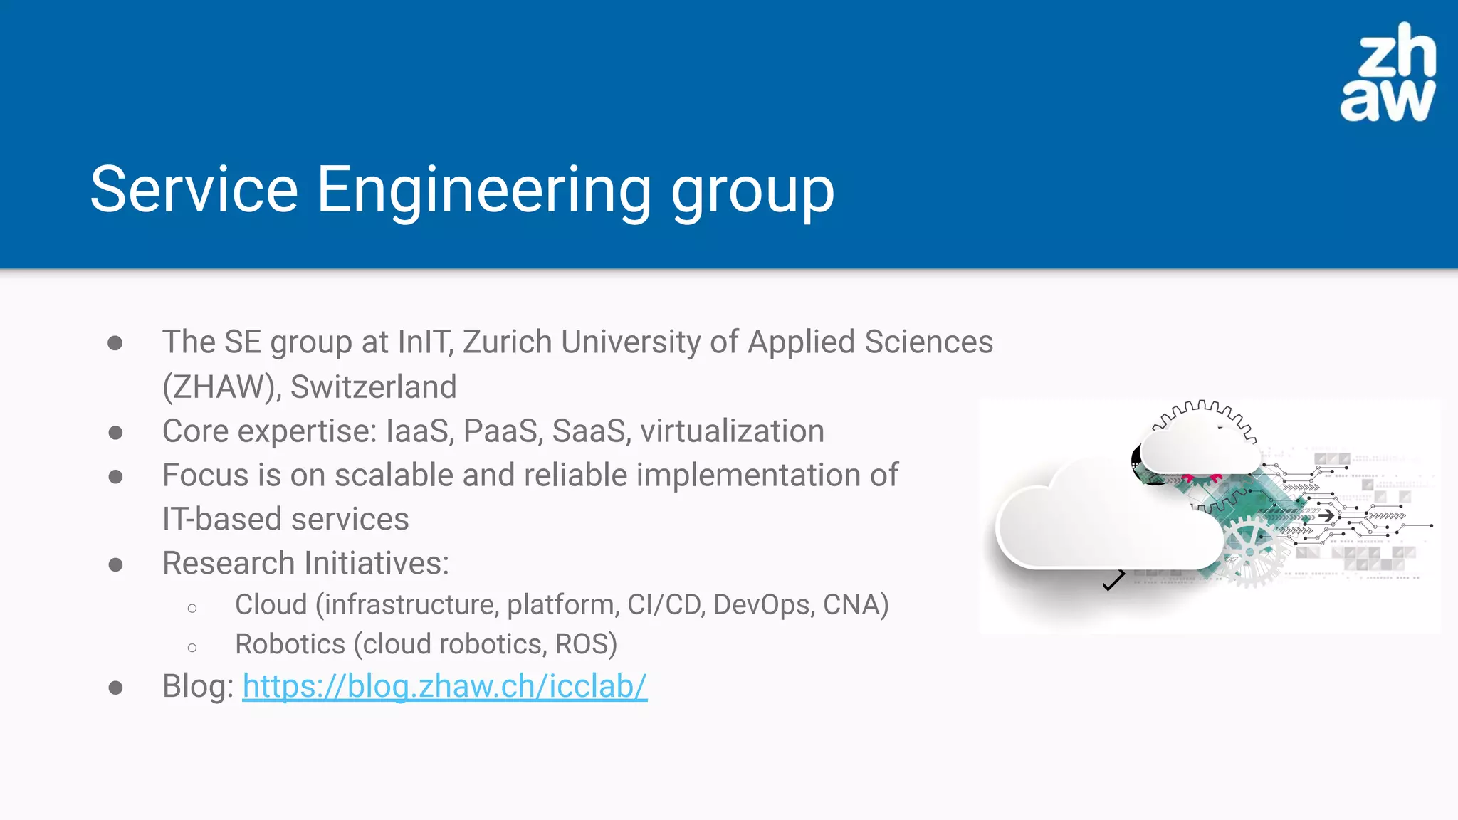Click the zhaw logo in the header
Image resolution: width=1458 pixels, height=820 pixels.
(1388, 73)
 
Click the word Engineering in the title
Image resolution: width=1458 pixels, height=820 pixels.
(483, 190)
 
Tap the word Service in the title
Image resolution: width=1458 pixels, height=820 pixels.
(194, 190)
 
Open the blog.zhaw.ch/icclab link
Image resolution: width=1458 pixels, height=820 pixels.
(444, 686)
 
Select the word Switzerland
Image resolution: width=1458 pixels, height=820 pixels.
(373, 387)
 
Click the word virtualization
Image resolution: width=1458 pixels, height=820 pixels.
(732, 431)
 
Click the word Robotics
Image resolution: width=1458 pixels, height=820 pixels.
(290, 644)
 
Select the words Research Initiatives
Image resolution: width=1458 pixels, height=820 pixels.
(305, 563)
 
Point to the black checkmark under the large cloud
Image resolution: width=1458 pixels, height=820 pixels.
(1113, 581)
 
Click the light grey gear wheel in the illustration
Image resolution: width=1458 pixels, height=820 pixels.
(1252, 552)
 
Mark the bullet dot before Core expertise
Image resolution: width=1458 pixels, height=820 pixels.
(115, 432)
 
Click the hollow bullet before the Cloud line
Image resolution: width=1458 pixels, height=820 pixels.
(192, 608)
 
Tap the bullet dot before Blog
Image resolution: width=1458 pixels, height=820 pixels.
(115, 688)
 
